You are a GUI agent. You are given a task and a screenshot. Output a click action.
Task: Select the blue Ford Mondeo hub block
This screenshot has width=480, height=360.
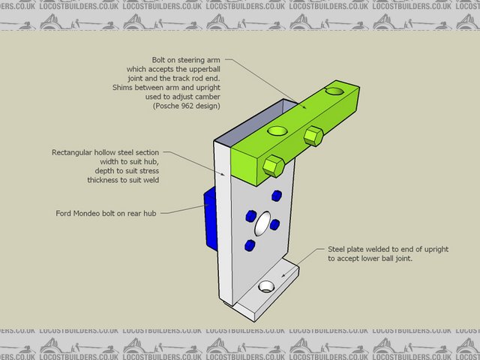point(210,217)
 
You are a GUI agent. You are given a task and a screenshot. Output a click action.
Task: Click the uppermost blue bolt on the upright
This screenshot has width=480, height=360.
point(276,196)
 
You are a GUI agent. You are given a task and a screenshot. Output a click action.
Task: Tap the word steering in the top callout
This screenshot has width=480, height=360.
point(190,60)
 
